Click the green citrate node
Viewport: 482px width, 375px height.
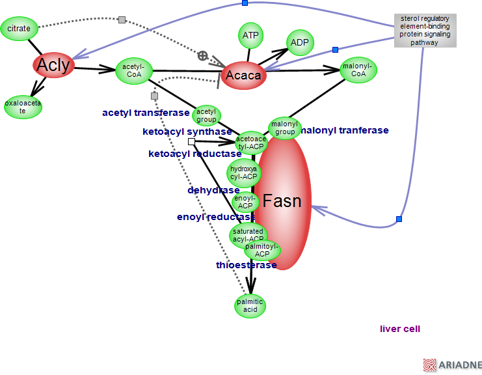coord(19,29)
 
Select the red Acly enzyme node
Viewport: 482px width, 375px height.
coord(53,64)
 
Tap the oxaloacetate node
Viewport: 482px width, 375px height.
coord(23,107)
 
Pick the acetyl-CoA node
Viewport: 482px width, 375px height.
coord(133,70)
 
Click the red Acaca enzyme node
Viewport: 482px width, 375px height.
coord(243,76)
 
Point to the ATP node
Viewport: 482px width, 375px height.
coord(251,35)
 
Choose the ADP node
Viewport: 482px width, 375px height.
coord(299,43)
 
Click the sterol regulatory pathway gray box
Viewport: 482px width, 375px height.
coord(424,31)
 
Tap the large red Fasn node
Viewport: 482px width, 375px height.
coord(283,202)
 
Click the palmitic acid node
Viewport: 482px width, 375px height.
coord(250,305)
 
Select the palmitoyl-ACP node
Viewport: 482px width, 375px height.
coord(262,250)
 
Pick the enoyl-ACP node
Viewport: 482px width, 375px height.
coord(245,202)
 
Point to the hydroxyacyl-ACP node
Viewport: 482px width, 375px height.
coord(244,173)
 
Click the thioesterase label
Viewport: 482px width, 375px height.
coord(247,265)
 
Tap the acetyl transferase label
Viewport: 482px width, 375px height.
coord(146,113)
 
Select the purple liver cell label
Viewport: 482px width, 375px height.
coord(400,329)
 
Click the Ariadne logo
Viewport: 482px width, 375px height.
coord(452,365)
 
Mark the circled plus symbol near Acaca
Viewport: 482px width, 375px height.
coord(203,56)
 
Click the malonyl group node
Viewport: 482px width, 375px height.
coord(284,128)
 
